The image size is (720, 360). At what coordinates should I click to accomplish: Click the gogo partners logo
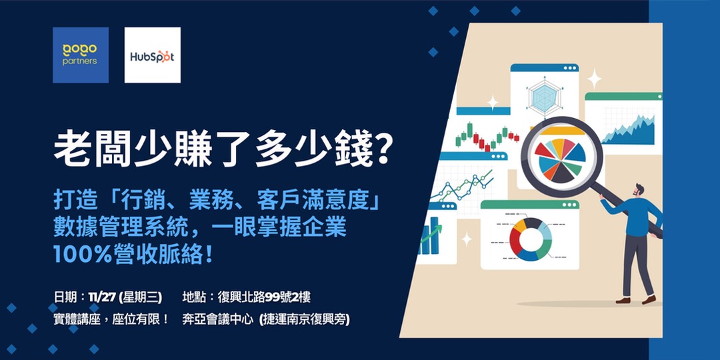click(x=80, y=55)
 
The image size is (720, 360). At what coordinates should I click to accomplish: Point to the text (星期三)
click(x=143, y=297)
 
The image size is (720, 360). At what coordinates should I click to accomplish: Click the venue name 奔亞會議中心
click(x=218, y=319)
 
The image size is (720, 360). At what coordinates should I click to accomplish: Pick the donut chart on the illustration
click(x=530, y=238)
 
